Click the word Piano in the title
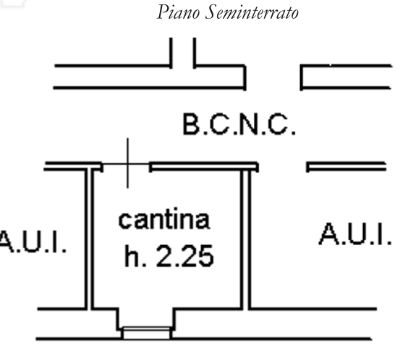point(178,12)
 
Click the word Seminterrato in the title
point(252,12)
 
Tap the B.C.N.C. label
point(239,124)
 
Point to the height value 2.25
point(185,257)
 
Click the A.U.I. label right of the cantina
point(355,233)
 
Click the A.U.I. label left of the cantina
point(33,241)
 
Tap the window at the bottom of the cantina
point(146,333)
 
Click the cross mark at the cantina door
point(127,163)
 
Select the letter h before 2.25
point(132,257)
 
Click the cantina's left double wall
point(89,239)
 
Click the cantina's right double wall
point(246,239)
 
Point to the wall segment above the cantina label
point(204,166)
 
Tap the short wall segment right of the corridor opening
point(346,166)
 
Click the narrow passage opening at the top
point(183,53)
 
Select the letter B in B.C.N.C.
point(192,124)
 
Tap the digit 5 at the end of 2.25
point(206,257)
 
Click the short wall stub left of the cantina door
point(73,166)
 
